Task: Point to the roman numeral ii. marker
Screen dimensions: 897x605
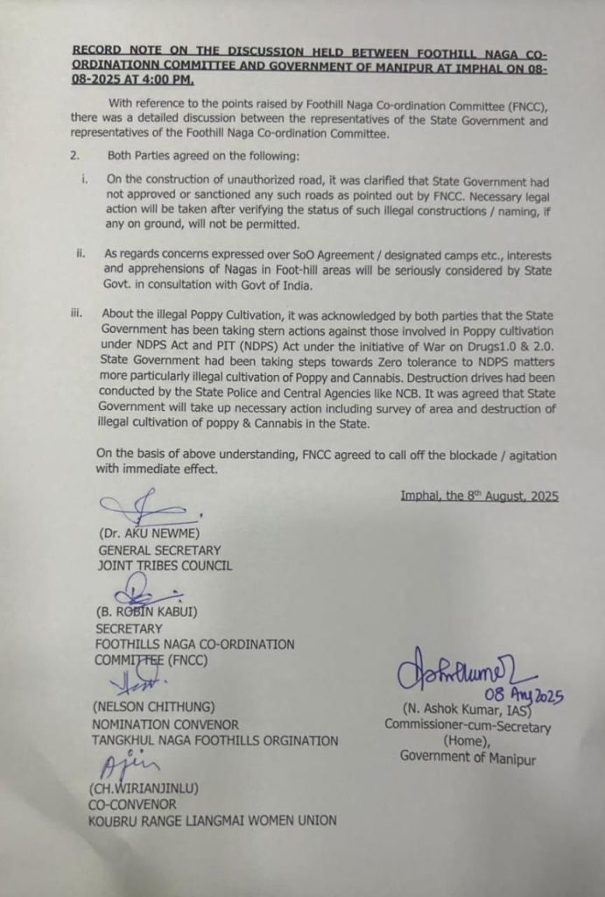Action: [x=81, y=254]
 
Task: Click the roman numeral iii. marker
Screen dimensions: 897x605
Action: [x=80, y=314]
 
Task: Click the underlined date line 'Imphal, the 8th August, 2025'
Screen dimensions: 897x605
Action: [x=479, y=496]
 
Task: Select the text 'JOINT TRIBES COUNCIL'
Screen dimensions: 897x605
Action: [x=165, y=565]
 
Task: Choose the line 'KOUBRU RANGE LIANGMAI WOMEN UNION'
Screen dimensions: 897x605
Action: [x=213, y=820]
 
